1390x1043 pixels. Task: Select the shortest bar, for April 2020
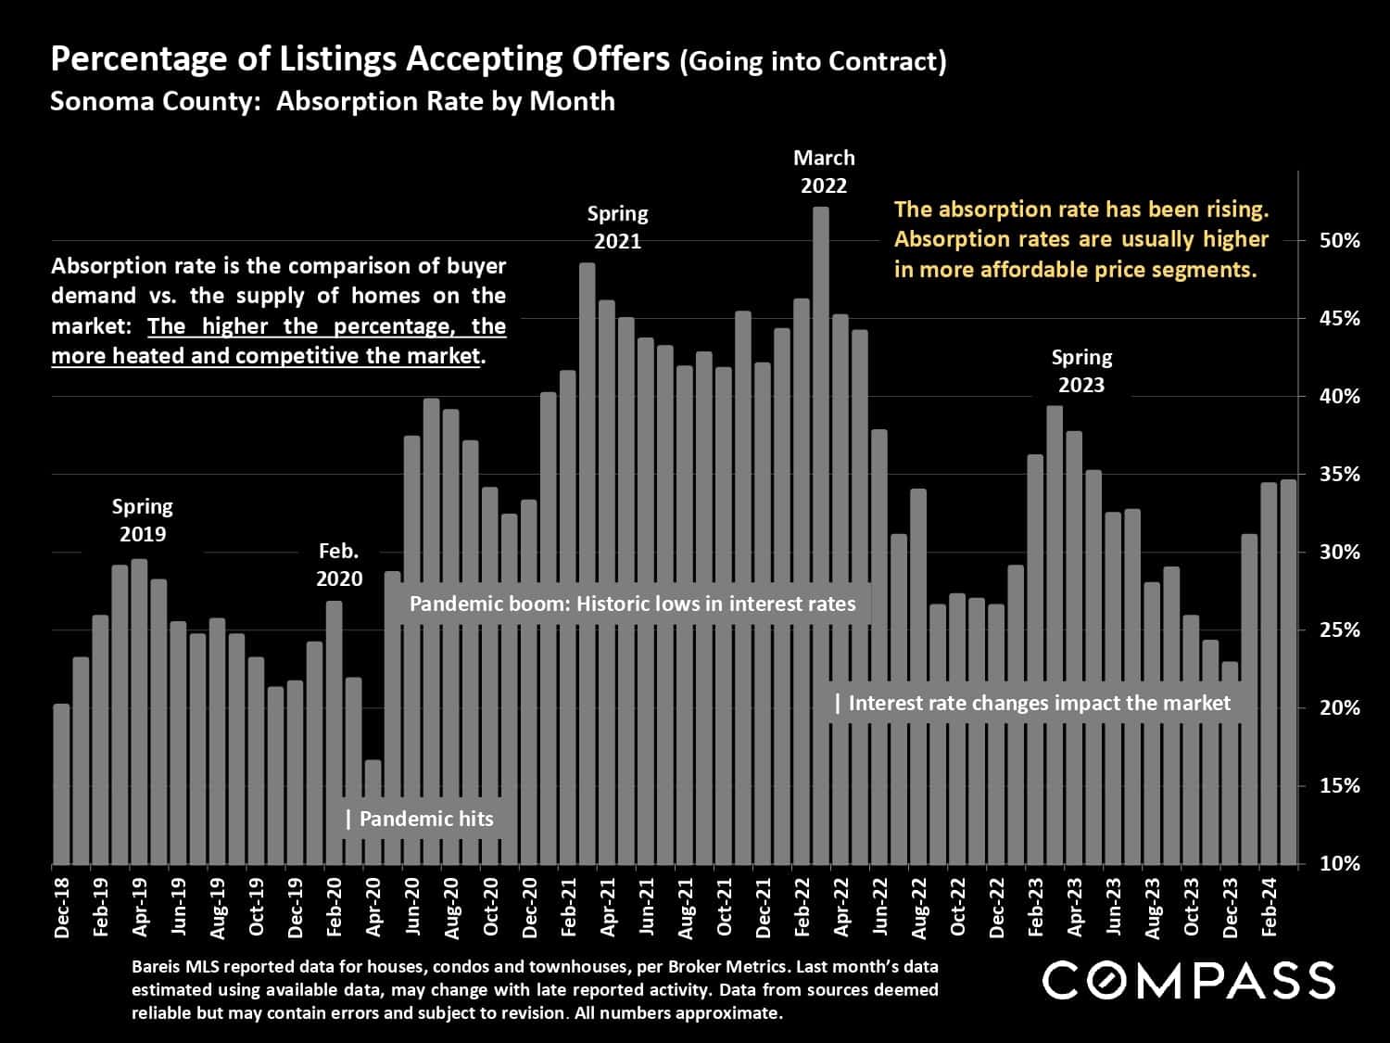click(x=373, y=812)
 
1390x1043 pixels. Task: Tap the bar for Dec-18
click(x=61, y=784)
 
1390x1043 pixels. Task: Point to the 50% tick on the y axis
click(x=1339, y=240)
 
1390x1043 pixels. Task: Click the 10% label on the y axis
click(x=1339, y=863)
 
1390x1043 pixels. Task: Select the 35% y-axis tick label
click(x=1339, y=474)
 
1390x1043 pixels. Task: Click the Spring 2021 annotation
click(x=618, y=227)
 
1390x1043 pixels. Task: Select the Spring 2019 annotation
click(x=143, y=520)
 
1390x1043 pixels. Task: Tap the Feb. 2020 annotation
click(x=339, y=565)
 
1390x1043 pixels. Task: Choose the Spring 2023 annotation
click(x=1081, y=371)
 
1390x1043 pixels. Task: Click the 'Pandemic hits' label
click(x=424, y=819)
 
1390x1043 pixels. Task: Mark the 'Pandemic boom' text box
click(x=632, y=604)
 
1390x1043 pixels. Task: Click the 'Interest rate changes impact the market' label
click(x=1038, y=703)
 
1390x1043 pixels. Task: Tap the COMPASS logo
click(x=1188, y=980)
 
